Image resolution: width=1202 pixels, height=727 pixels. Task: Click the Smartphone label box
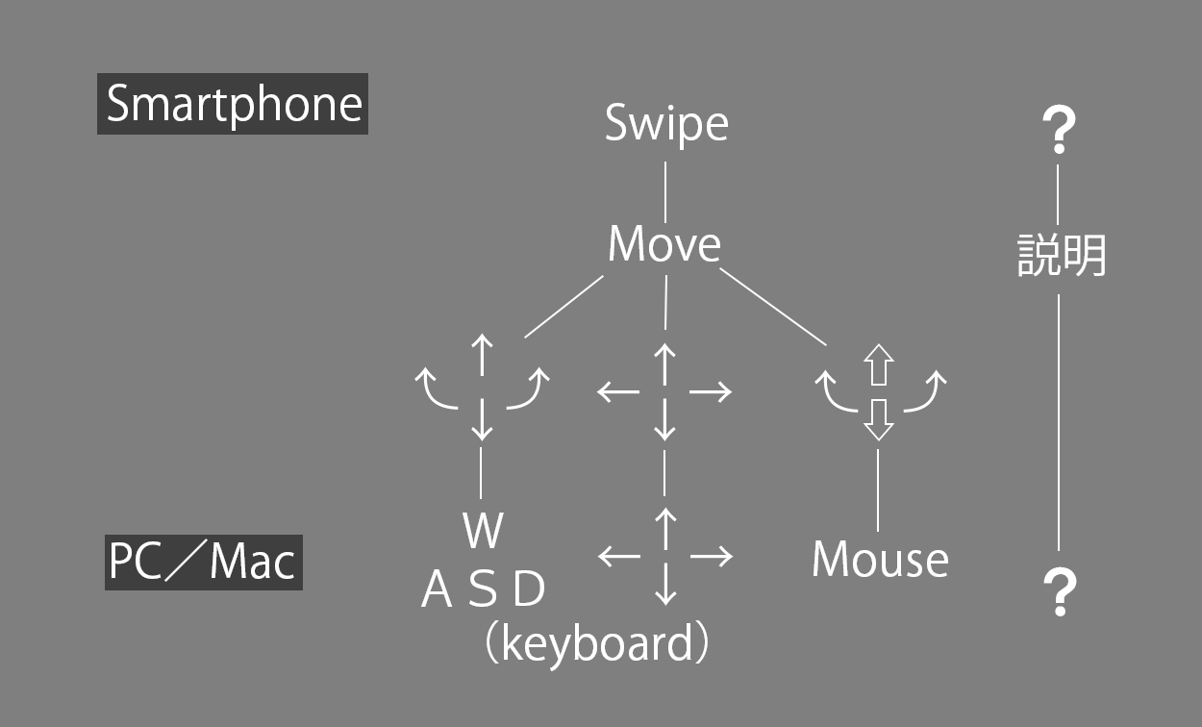pos(233,104)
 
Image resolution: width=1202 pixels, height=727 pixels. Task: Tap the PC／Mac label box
pos(203,563)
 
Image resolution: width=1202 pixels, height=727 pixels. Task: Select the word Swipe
pos(666,125)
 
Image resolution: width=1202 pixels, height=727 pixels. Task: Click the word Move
pos(664,244)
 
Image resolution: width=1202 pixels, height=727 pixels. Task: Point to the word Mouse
pos(880,559)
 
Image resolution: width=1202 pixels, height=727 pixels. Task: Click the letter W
pos(483,530)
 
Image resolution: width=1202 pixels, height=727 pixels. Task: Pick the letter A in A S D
pos(437,589)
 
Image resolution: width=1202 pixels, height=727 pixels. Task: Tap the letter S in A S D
pos(483,589)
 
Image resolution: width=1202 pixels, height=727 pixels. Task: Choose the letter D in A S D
pos(529,589)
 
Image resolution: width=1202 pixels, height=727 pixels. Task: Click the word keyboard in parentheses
pos(597,644)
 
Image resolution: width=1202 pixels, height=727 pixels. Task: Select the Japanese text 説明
pos(1062,256)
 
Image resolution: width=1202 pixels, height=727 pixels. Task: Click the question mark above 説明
pos(1059,130)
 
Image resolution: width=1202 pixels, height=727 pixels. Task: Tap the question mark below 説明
pos(1060,592)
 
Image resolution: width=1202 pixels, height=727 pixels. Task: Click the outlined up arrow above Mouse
pos(879,364)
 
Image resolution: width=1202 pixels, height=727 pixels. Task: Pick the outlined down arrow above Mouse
pos(879,420)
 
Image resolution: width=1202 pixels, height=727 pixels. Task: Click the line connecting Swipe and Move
pos(665,192)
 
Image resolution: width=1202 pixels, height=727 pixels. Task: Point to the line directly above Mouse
pos(878,490)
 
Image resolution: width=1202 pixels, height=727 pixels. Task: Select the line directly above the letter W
pos(480,473)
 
